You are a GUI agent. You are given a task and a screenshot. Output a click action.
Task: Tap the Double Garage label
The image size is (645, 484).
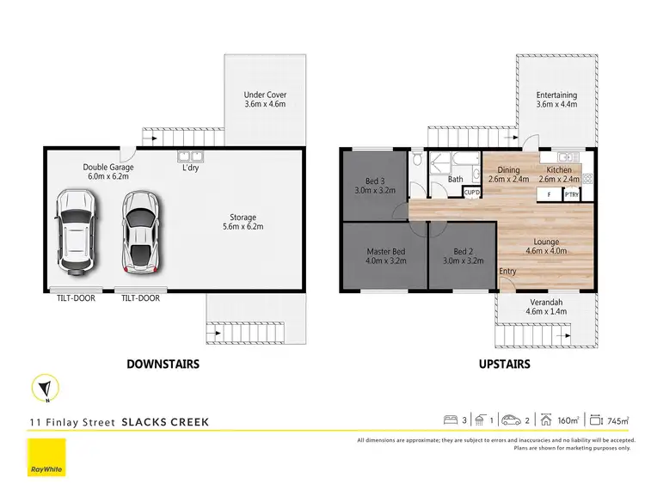coord(108,171)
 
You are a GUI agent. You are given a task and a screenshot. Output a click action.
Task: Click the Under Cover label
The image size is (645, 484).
coord(265,100)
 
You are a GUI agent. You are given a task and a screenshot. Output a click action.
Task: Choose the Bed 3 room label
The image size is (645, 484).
coord(374,186)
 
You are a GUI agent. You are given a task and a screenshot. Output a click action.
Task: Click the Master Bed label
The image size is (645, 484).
coord(385,256)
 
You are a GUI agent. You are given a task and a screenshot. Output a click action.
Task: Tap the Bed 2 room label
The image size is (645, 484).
coord(463,256)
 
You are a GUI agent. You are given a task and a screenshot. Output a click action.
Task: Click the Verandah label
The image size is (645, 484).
coord(546,307)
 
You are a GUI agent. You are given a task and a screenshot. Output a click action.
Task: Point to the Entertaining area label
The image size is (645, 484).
coord(556,100)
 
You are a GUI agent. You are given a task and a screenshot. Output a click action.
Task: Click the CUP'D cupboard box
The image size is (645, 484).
coord(471,193)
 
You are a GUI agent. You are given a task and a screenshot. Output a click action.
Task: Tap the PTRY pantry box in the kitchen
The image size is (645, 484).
coord(572,195)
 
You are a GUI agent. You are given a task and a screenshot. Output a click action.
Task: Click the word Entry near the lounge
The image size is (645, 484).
coord(508,272)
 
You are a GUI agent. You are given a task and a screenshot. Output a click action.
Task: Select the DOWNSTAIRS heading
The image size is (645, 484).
coord(163,364)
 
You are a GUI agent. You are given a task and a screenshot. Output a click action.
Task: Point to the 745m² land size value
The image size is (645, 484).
coord(618,421)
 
